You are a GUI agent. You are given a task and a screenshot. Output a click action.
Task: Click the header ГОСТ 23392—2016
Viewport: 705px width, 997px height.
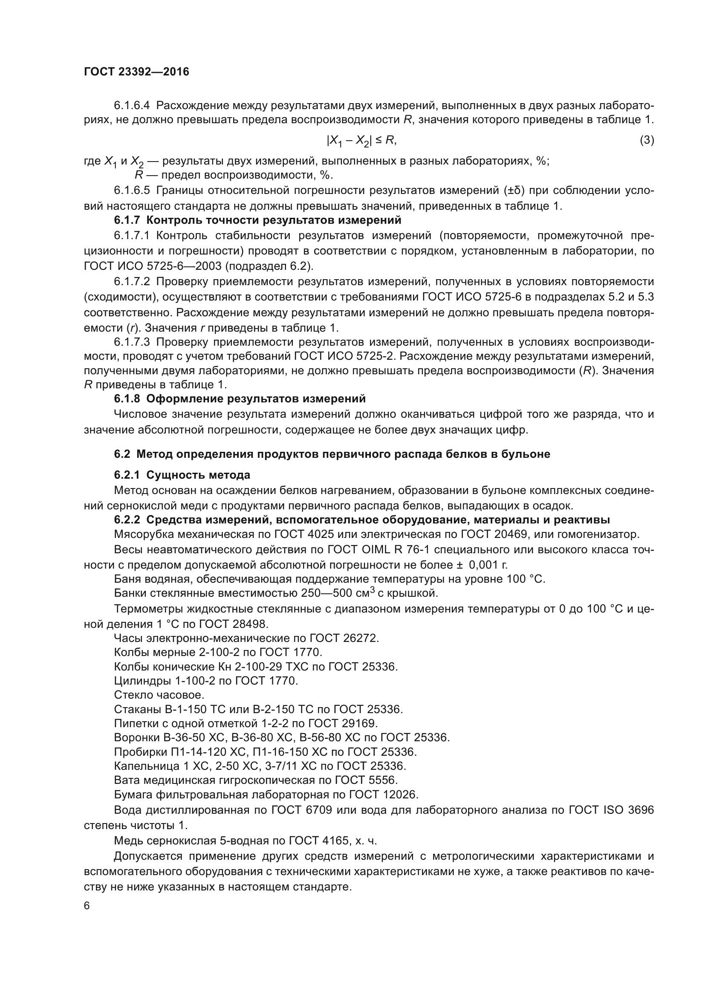click(x=136, y=72)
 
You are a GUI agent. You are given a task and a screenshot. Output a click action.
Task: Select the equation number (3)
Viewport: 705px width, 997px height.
click(x=647, y=140)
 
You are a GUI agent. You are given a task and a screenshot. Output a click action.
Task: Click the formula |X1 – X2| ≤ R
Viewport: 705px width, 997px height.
click(x=361, y=140)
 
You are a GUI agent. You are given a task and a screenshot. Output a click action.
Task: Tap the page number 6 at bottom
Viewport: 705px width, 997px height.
click(x=87, y=906)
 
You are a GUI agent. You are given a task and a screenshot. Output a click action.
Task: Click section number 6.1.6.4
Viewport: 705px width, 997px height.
click(x=132, y=106)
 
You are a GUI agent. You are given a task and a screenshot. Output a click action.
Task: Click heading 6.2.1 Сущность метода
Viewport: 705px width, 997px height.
click(x=182, y=475)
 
